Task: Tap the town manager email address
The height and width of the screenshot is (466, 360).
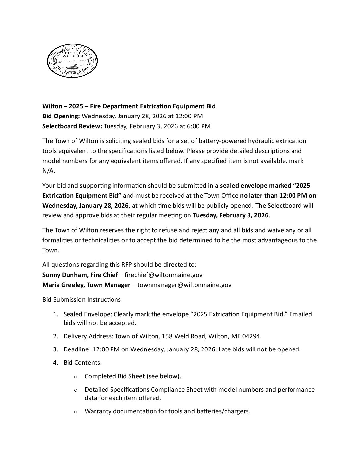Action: point(184,285)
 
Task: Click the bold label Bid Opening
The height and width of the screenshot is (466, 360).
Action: point(61,116)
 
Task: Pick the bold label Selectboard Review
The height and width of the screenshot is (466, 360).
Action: point(72,126)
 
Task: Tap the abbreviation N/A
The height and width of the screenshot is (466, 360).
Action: point(49,171)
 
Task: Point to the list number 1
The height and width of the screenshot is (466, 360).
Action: point(55,314)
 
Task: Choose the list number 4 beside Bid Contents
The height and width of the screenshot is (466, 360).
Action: point(55,363)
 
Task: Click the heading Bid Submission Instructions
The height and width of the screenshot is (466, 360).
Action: point(81,300)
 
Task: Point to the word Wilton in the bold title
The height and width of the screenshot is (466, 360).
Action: point(52,106)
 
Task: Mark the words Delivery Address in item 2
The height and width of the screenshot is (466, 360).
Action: point(87,336)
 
